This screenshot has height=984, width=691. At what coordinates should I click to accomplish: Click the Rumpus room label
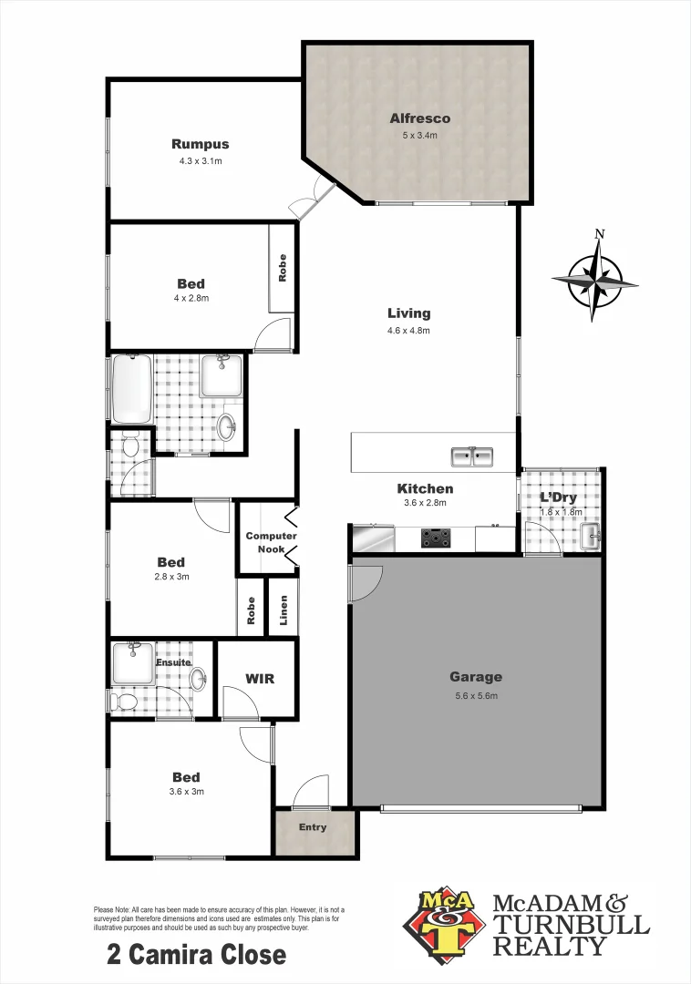[x=200, y=144]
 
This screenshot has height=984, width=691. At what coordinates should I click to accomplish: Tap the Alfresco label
[x=419, y=118]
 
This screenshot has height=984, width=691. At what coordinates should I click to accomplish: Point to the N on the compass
[x=599, y=234]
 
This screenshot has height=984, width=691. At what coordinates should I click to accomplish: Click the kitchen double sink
[x=471, y=456]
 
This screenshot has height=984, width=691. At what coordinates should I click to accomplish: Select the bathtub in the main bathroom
[x=132, y=389]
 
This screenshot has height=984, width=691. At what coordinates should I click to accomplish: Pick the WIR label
[x=259, y=679]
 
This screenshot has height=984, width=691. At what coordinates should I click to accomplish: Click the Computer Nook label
[x=271, y=543]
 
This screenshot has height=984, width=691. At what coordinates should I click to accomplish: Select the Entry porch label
[x=313, y=827]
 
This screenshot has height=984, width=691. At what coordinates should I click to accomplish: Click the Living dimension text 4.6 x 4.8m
[x=407, y=331]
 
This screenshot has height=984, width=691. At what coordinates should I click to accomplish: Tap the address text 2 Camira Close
[x=196, y=955]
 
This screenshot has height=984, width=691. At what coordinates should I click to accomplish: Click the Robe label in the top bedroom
[x=282, y=268]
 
